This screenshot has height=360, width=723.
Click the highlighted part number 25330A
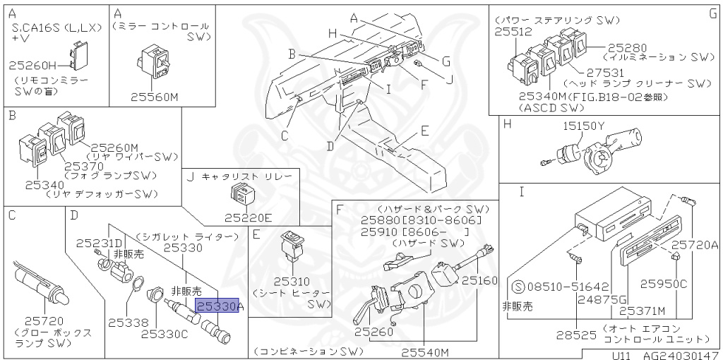(220, 306)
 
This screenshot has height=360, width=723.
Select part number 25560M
(155, 97)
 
